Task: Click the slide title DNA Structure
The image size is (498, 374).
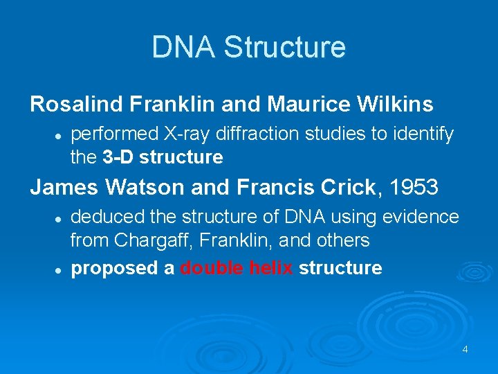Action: tap(248, 47)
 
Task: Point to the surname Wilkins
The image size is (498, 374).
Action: tap(394, 105)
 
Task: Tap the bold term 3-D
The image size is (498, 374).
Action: tap(118, 157)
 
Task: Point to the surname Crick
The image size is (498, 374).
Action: tap(340, 187)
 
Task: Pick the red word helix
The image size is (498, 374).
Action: tap(271, 268)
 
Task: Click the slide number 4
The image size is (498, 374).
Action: tap(465, 349)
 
